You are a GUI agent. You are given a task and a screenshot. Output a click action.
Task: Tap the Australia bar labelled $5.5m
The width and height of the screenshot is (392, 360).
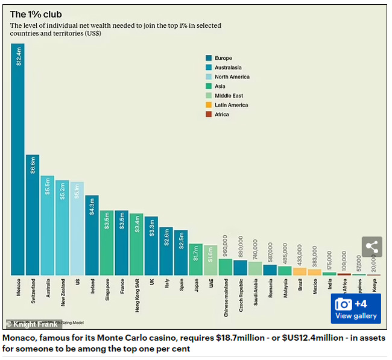coord(48,226)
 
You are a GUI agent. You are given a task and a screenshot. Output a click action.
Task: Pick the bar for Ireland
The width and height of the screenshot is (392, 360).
coord(92,235)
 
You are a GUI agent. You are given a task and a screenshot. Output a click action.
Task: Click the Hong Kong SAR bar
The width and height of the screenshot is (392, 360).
coord(136,244)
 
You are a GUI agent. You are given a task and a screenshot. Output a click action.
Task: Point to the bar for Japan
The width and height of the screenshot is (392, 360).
coord(195,259)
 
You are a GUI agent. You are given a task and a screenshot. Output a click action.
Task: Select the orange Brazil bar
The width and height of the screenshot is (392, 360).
coord(300,271)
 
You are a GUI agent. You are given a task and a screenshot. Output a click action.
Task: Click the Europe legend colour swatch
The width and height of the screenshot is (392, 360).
coord(208,58)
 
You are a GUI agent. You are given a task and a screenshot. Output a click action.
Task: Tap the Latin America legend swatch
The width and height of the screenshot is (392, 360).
coord(208,105)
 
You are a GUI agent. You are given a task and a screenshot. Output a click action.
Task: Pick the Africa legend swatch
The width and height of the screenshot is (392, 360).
coord(208,114)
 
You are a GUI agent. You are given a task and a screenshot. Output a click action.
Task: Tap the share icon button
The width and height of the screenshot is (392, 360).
coord(372,247)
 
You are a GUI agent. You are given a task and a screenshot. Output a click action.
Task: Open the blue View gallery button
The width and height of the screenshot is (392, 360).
coord(356,309)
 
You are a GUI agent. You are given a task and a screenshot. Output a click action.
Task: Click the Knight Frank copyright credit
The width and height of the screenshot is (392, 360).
coord(32,324)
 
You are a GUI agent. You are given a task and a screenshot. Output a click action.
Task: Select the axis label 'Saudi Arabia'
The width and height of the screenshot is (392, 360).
coord(255,294)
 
